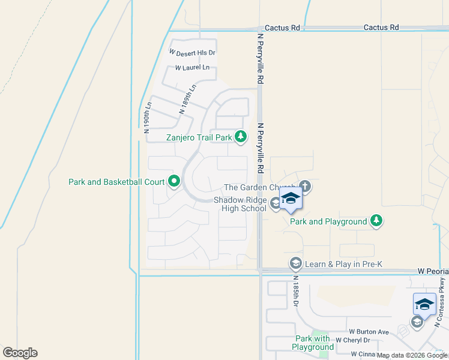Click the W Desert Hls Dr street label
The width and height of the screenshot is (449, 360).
tap(192, 53)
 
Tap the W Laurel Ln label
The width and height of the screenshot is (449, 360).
tap(192, 68)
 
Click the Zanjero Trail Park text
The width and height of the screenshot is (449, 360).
tap(199, 137)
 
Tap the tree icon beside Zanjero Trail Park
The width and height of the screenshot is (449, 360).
tap(240, 137)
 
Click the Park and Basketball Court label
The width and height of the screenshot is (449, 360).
tap(116, 181)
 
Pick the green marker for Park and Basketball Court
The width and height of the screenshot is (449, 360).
tap(174, 181)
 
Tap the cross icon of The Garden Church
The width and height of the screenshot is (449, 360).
tap(305, 186)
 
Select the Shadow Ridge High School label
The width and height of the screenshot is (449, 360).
tap(240, 205)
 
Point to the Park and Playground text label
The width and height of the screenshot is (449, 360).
tap(328, 221)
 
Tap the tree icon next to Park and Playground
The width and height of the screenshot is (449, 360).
tap(376, 221)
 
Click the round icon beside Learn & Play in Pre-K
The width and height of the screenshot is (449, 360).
tap(295, 263)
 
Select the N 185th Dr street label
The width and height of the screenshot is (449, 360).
tap(296, 291)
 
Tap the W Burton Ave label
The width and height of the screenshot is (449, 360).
tap(369, 332)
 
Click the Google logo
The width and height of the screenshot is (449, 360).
tap(20, 353)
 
